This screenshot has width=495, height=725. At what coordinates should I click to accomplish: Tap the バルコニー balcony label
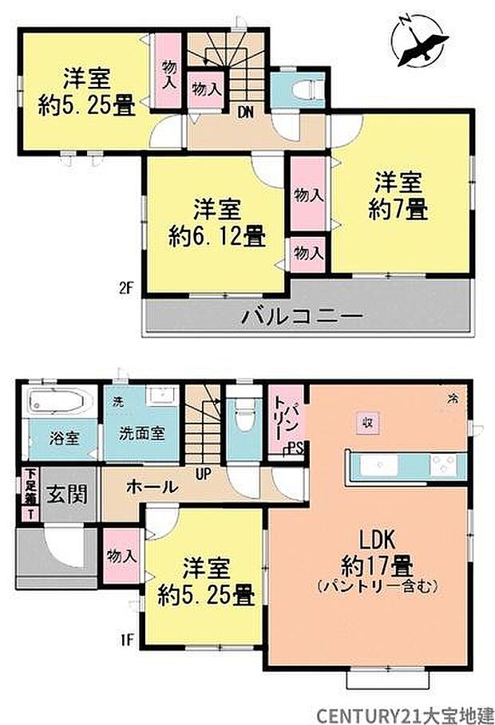coord(303,317)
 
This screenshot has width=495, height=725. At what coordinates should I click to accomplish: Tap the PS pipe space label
coord(294,447)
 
